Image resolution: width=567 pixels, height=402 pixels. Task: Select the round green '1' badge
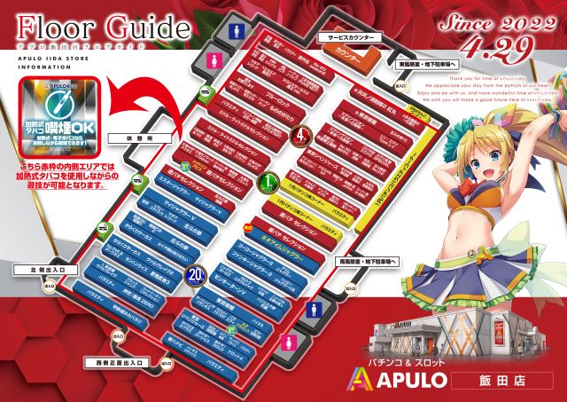269,184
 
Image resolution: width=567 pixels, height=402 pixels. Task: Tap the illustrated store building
440,335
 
